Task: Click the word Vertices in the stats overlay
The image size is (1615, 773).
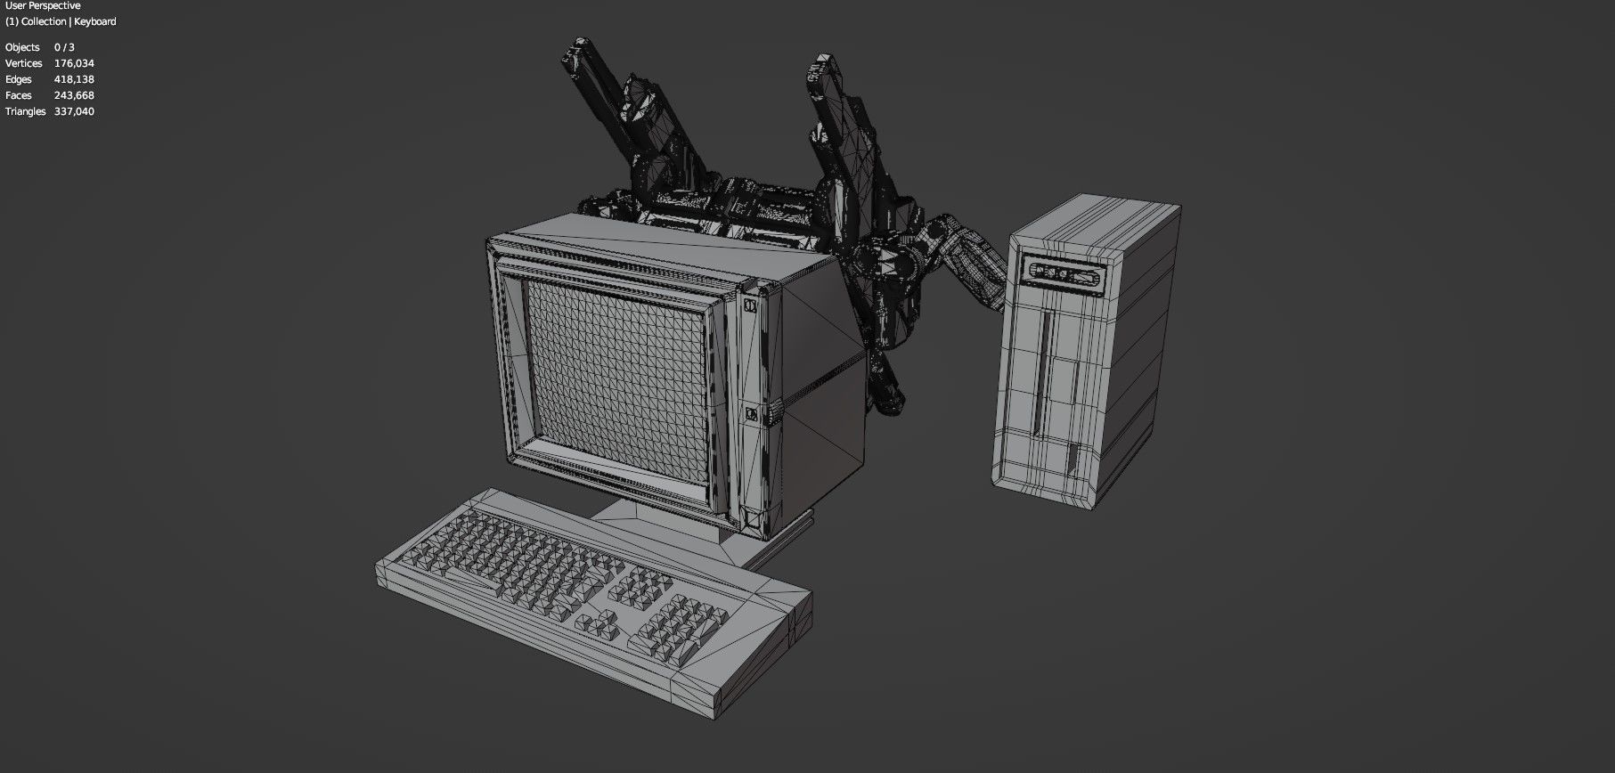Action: click(24, 63)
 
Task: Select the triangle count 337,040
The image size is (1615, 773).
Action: click(74, 111)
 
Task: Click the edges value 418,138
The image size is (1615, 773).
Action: click(74, 79)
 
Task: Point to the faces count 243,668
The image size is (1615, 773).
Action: click(74, 95)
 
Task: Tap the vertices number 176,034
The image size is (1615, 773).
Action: click(74, 63)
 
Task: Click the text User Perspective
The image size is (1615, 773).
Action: click(42, 6)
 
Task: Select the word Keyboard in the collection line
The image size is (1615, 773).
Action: click(95, 21)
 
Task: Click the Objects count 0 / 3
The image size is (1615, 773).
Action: click(64, 47)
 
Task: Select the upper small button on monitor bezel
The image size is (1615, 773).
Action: click(750, 305)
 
